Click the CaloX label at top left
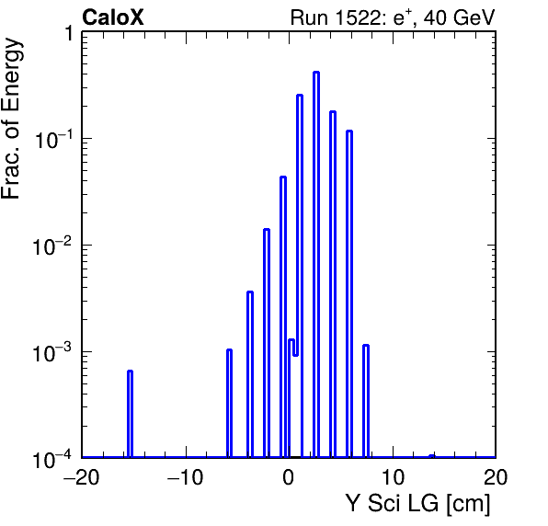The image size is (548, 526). click(x=113, y=17)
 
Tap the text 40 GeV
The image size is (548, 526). click(x=459, y=17)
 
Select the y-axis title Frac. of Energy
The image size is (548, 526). click(x=12, y=119)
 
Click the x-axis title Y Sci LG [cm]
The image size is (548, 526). click(x=418, y=504)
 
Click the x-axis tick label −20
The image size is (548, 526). click(x=82, y=477)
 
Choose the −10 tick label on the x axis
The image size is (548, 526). click(x=185, y=477)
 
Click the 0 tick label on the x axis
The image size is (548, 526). click(x=289, y=477)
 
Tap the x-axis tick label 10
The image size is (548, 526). click(x=393, y=477)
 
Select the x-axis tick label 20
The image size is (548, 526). click(x=496, y=477)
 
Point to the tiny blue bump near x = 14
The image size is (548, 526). click(x=432, y=456)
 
